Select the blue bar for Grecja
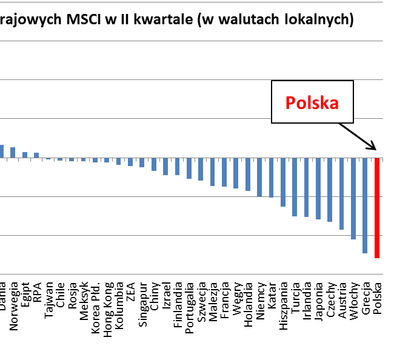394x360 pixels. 365,205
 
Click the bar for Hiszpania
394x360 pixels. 282,182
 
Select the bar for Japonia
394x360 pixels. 318,188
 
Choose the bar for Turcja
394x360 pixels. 295,187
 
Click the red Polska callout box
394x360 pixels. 312,102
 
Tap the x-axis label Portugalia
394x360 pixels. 189,307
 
